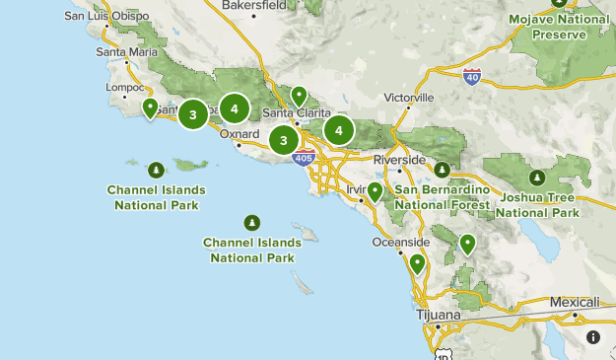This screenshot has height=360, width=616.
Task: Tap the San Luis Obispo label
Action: tap(107, 17)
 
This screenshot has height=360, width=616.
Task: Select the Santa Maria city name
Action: tap(125, 51)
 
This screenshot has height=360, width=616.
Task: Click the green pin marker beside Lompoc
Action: tap(151, 108)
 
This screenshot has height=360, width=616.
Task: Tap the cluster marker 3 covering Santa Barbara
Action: tap(193, 115)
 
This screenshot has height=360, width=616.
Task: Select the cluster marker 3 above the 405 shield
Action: tap(284, 140)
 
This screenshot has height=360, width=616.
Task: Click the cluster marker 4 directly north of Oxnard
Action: tap(235, 108)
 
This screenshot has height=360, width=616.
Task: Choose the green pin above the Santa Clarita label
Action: tap(298, 97)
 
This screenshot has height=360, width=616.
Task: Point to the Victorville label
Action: tap(409, 99)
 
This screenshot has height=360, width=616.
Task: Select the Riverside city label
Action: tap(399, 160)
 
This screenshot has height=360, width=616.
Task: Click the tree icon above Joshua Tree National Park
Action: tap(537, 178)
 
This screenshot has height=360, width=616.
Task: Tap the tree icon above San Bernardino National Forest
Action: tap(443, 170)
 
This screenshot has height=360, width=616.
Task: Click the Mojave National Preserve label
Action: tap(559, 27)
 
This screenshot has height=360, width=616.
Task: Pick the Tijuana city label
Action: tap(439, 315)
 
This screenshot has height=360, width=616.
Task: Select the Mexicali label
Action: tap(575, 302)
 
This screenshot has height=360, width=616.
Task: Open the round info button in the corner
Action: tap(593, 337)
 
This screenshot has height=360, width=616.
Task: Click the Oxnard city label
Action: tap(240, 133)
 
